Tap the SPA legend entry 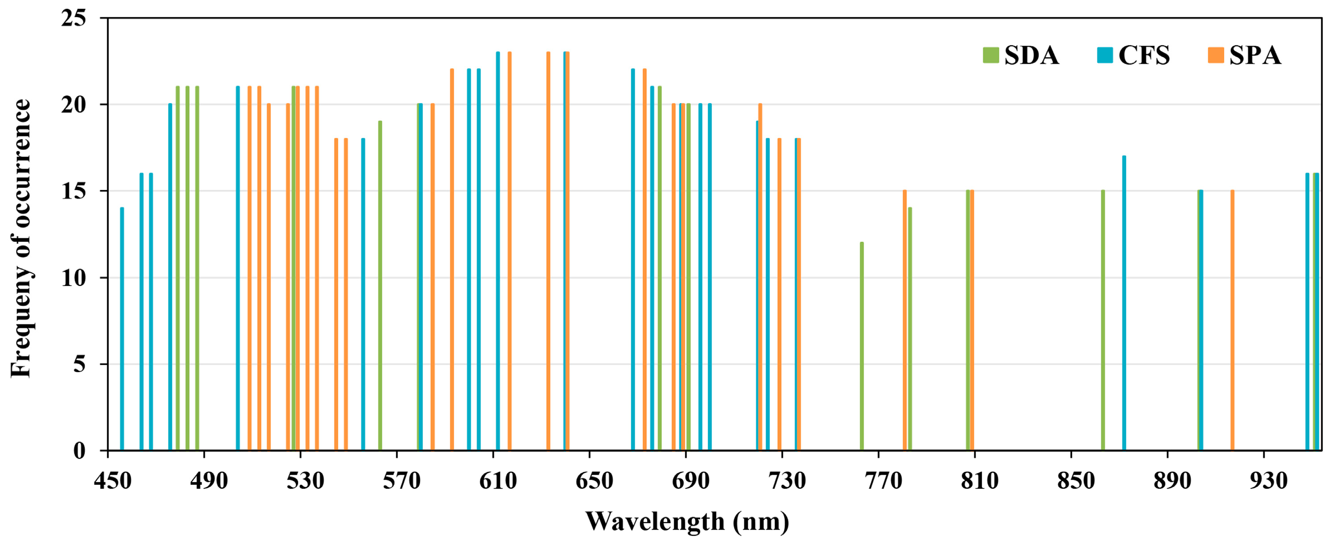[x=1244, y=55]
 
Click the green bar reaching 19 [x=380, y=285]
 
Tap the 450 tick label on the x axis [x=113, y=481]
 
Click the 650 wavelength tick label [x=594, y=481]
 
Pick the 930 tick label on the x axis [x=1268, y=481]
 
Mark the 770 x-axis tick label [x=883, y=481]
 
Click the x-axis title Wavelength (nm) [x=687, y=521]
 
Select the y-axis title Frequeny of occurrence [x=22, y=238]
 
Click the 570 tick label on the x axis [x=402, y=481]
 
